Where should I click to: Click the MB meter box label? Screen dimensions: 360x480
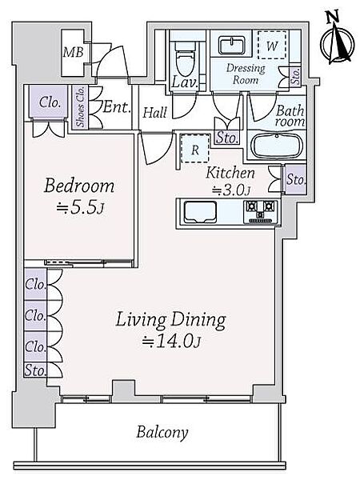pos(73,52)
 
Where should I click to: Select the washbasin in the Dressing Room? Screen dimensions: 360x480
pos(232,46)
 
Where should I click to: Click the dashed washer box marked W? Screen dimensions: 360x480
pos(272,45)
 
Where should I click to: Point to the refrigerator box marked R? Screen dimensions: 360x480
pos(195,149)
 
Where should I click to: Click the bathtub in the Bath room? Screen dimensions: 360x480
pos(277,145)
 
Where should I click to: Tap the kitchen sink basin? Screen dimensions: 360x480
pos(200,212)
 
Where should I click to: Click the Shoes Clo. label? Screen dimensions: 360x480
pos(81,106)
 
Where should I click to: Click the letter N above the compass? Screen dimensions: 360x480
pos(332,17)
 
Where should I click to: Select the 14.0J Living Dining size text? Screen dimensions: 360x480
pos(171,342)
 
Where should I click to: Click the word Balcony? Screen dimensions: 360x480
pos(162,433)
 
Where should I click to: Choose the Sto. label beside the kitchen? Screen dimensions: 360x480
pos(296,179)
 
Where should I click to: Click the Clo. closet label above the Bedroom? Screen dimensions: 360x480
pos(49,102)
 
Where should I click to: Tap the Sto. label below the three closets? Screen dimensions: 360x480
pos(35,370)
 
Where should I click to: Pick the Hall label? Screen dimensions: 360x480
pos(155,112)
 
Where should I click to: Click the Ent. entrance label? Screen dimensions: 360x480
pos(117,107)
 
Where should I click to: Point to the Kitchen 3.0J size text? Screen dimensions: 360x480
pos(232,191)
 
